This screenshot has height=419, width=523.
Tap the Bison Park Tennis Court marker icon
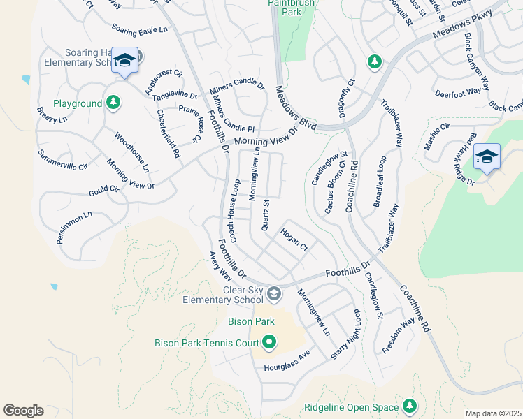269,342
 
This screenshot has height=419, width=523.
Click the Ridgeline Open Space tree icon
409,406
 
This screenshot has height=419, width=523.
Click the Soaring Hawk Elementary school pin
124,61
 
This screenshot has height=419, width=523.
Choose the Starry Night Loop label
347,334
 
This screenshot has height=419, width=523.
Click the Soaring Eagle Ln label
141,29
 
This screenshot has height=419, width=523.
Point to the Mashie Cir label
437,136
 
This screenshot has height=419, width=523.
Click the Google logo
23,411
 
